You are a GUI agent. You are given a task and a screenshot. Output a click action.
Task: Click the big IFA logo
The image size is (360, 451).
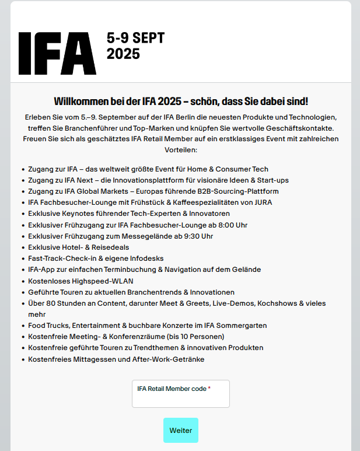pos(57,52)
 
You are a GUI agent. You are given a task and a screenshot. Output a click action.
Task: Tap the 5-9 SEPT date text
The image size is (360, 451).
pos(135,38)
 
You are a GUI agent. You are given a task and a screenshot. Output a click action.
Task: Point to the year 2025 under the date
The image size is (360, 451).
pos(123,54)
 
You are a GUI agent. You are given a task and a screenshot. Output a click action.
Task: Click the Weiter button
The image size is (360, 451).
pos(181,431)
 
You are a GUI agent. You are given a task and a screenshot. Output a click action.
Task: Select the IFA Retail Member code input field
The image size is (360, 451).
pos(181,399)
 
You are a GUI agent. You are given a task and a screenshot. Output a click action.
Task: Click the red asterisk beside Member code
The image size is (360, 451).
pos(209,389)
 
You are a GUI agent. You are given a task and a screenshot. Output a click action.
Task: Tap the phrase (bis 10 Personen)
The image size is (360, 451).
pos(196,337)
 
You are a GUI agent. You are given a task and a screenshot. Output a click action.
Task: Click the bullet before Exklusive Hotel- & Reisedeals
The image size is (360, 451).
pos(22,247)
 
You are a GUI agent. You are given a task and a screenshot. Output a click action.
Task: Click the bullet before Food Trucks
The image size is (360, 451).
pos(22,326)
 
